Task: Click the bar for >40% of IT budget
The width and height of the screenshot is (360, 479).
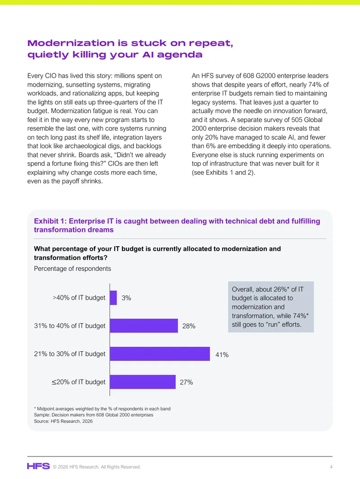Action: pos(113,297)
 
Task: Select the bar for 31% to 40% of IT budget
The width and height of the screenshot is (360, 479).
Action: pos(144,326)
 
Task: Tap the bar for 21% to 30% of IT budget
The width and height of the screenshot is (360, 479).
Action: pos(160,354)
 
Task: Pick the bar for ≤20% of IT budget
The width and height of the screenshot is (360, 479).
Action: pos(143,382)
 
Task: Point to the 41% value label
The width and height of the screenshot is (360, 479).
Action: pos(222,355)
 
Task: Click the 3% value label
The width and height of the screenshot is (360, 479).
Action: pos(126,298)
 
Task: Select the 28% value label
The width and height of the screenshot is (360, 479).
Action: pos(189,326)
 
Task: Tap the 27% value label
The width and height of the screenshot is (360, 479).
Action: pos(186,382)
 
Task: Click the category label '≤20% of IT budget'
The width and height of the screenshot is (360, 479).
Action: pos(78,382)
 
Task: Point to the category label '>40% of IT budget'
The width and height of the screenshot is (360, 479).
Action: pos(79,297)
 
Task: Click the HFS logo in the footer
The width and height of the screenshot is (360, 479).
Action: pos(38,466)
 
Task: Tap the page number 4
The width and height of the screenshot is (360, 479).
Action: pos(331,467)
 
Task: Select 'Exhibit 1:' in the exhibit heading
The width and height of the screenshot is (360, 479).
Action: pos(50,221)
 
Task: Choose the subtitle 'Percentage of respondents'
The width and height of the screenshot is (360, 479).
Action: pos(72,269)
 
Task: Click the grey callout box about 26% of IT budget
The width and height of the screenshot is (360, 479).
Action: pos(271,307)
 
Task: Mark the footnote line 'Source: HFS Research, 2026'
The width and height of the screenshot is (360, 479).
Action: pos(63,421)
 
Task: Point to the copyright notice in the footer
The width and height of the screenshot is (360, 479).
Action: pos(97,467)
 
